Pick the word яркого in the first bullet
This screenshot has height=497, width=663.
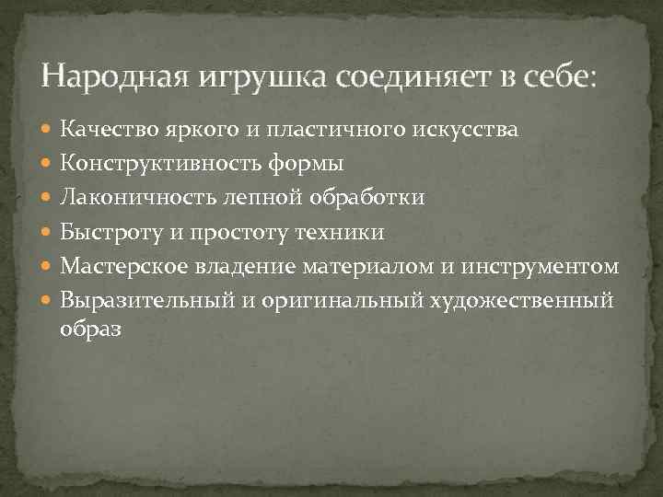click(x=187, y=131)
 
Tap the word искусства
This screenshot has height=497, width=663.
click(x=468, y=131)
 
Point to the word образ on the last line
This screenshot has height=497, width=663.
click(x=90, y=329)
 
